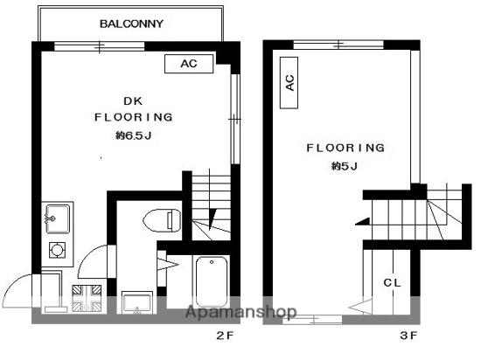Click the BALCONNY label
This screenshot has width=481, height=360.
131,24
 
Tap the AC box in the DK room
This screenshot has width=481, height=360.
189,64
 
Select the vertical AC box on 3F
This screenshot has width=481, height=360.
289,83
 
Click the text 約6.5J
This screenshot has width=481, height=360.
134,135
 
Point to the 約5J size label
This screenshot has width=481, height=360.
345,166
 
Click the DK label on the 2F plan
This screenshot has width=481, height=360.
133,101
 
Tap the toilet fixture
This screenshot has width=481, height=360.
162,220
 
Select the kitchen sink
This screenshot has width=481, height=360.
58,219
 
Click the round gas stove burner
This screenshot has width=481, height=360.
57,250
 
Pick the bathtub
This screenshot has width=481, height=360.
212,282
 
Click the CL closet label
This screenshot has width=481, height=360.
392,283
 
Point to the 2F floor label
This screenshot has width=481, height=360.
225,336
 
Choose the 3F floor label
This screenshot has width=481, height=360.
408,336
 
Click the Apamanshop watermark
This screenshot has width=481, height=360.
241,312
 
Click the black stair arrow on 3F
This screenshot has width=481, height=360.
363,222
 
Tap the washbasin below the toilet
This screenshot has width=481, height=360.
136,302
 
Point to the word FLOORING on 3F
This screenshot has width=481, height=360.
345,148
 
